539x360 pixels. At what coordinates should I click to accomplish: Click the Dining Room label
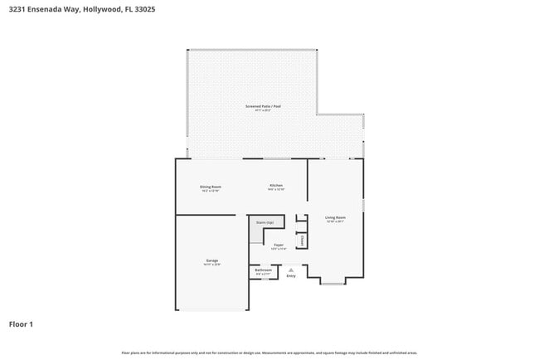pyautogui.click(x=210, y=187)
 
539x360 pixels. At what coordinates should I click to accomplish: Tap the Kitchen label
pyautogui.click(x=276, y=186)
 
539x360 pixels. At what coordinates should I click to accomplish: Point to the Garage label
pyautogui.click(x=211, y=260)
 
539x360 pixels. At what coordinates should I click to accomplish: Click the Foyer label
pyautogui.click(x=279, y=245)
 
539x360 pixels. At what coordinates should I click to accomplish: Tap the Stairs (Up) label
pyautogui.click(x=265, y=223)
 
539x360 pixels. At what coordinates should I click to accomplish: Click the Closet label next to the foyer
pyautogui.click(x=302, y=240)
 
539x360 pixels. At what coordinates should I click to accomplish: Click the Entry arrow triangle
pyautogui.click(x=290, y=269)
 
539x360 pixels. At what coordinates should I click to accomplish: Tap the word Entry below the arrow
pyautogui.click(x=290, y=275)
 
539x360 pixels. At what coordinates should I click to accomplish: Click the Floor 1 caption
pyautogui.click(x=21, y=324)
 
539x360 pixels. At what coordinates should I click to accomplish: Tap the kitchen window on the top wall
pyautogui.click(x=276, y=158)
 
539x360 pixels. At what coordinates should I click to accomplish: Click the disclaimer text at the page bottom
pyautogui.click(x=269, y=353)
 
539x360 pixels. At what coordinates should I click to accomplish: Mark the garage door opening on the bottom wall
pyautogui.click(x=212, y=310)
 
